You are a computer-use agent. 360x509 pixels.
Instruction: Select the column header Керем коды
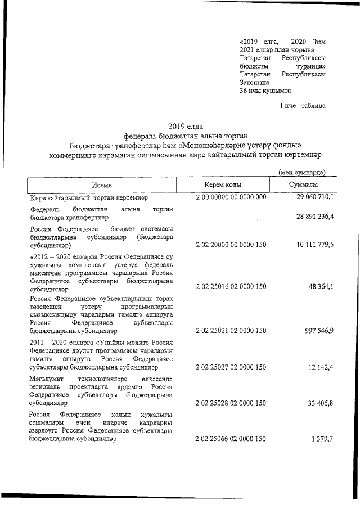(x=223, y=185)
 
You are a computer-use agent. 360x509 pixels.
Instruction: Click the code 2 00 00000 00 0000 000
(x=231, y=197)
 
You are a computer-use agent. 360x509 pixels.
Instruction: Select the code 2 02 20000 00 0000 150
(x=231, y=245)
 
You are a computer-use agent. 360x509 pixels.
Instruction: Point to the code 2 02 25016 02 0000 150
(x=231, y=287)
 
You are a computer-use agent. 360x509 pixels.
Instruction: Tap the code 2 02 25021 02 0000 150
(x=231, y=331)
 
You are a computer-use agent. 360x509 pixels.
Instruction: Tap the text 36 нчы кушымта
(x=265, y=90)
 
